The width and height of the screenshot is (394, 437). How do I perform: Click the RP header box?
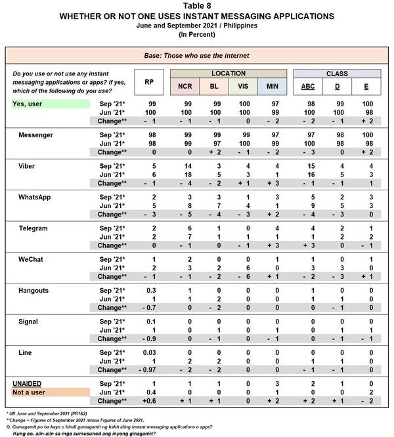click(148, 82)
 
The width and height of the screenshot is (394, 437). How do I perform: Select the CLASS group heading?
click(337, 73)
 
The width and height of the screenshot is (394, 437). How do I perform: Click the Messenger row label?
click(39, 134)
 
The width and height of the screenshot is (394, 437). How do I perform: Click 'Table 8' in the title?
click(196, 6)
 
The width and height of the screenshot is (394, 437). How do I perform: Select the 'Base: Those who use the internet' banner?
click(197, 54)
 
